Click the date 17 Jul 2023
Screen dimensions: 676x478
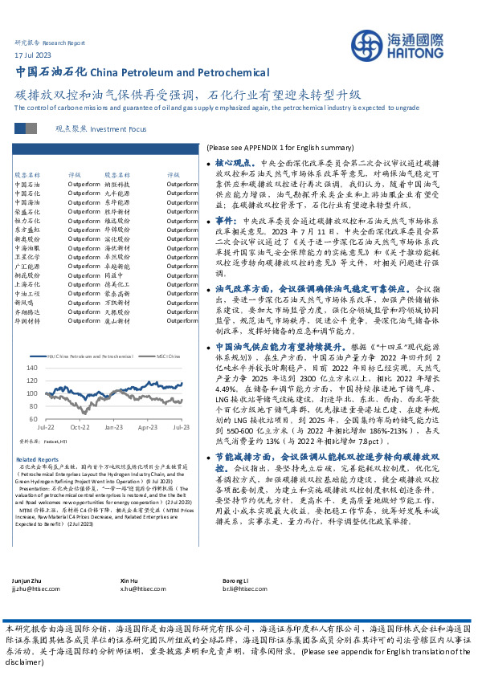32,55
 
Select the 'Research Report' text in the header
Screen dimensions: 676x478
63,43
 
